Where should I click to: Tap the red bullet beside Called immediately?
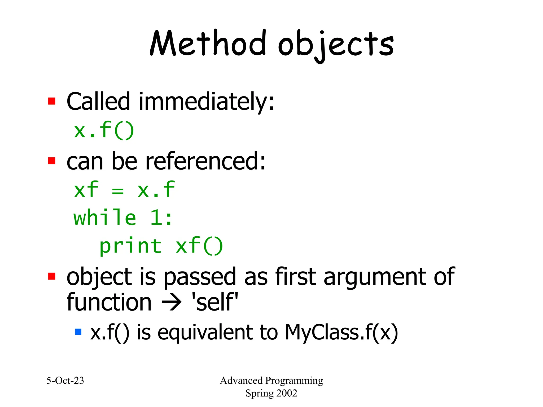(x=52, y=101)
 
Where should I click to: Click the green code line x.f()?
(x=104, y=130)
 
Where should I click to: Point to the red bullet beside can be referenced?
(x=52, y=161)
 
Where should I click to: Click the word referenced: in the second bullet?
(x=205, y=161)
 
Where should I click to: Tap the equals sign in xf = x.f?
(x=118, y=191)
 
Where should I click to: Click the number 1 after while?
(x=156, y=218)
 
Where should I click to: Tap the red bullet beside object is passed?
(x=52, y=276)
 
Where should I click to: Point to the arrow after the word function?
(x=172, y=302)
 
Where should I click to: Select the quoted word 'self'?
(x=215, y=302)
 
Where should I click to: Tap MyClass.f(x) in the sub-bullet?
(x=341, y=332)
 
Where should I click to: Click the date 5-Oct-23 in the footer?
(x=65, y=381)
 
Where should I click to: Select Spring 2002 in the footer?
(x=271, y=393)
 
